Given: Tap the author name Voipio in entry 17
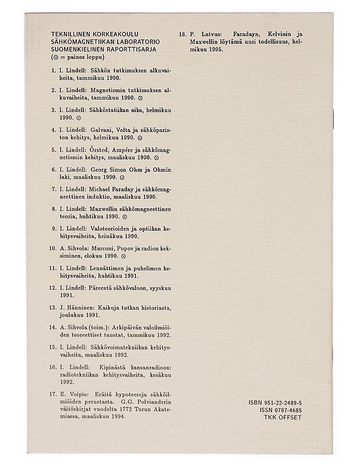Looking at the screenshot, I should (x=74, y=394).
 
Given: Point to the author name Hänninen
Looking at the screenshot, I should (x=77, y=307).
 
